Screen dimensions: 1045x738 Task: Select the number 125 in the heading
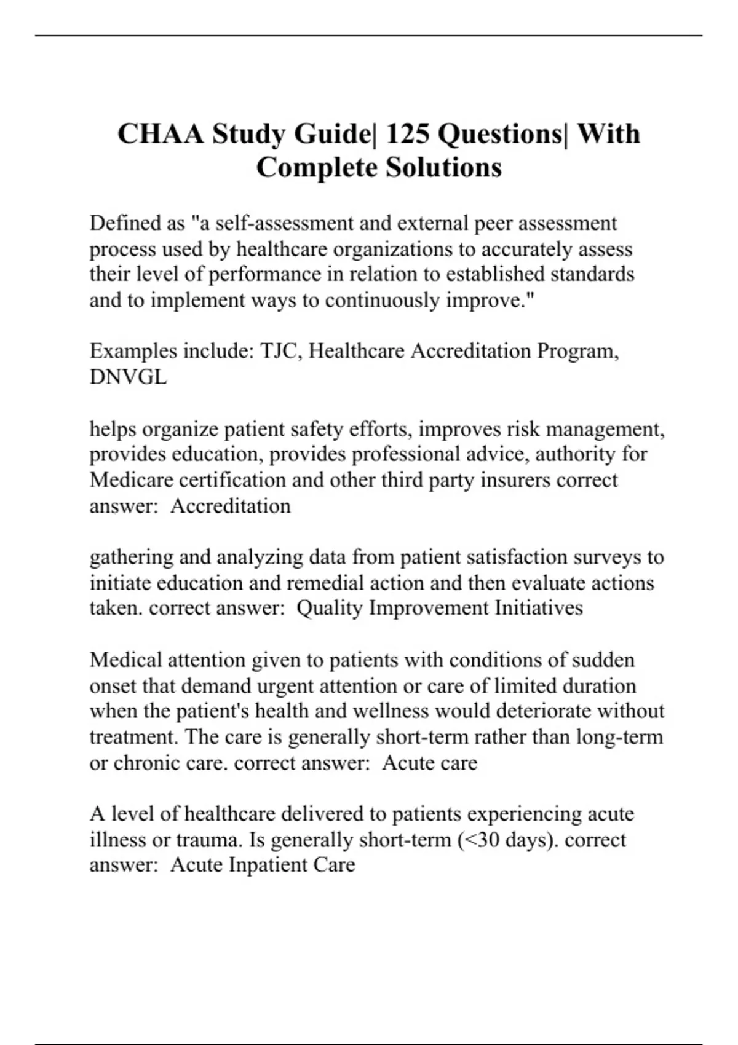(409, 134)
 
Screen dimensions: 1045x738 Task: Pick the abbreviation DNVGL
(128, 377)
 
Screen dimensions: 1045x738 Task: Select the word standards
(592, 274)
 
